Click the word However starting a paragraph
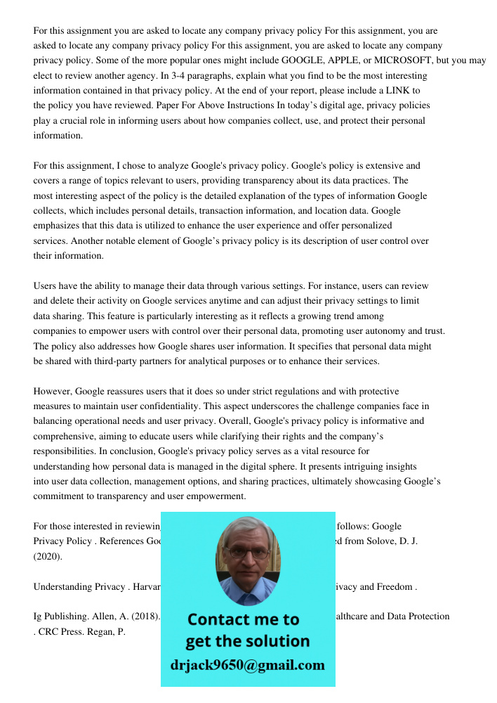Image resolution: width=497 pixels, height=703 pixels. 53,392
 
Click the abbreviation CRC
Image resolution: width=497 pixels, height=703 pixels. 51,631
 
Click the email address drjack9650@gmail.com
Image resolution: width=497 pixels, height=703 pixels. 248,665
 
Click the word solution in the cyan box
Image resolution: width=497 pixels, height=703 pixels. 276,641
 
